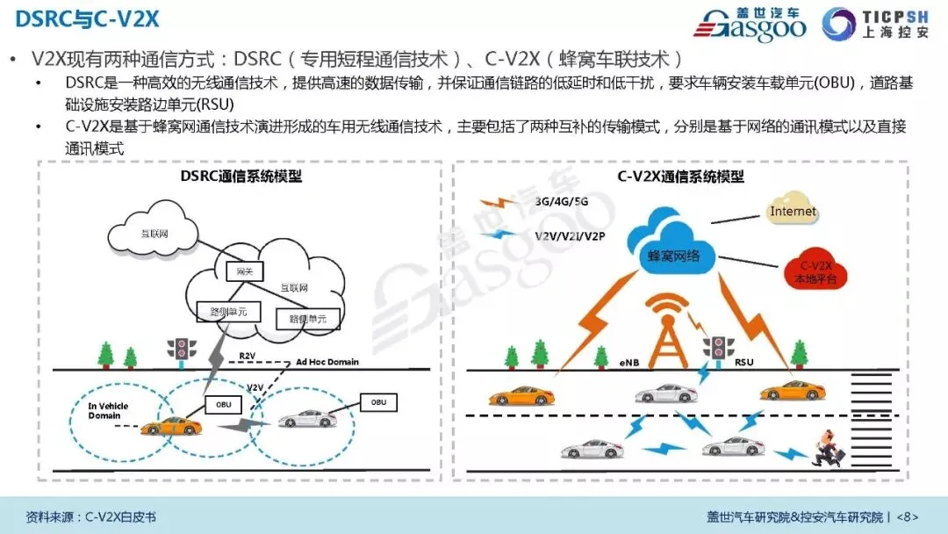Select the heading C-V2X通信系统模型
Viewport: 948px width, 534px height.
point(680,177)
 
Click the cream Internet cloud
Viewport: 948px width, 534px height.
point(792,213)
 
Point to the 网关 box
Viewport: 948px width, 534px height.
point(239,272)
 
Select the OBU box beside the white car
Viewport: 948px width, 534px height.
point(378,402)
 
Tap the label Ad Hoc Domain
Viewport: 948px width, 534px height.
point(327,362)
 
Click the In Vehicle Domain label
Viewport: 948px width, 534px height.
point(110,410)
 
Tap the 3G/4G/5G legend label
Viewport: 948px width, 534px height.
point(563,201)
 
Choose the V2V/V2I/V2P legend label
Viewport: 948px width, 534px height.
point(571,236)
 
